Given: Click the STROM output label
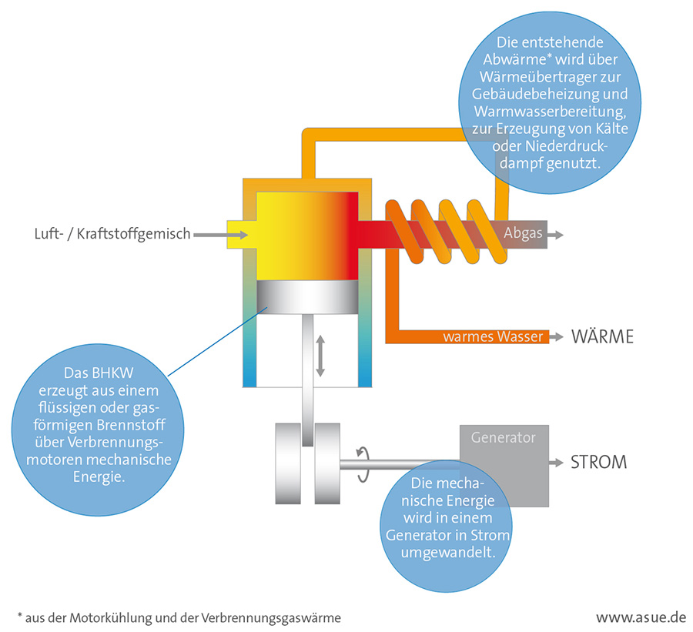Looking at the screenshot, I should click(x=598, y=463).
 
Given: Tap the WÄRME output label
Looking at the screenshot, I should click(x=602, y=336).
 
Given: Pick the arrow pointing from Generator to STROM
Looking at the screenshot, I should click(x=555, y=463).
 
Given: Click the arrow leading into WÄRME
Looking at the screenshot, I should click(x=558, y=336).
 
